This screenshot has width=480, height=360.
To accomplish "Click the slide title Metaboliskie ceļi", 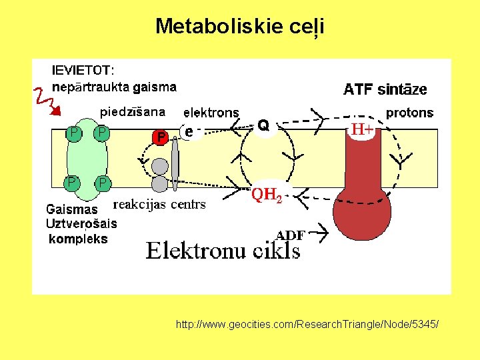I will click(239, 26).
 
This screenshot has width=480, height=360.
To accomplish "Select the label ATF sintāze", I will click(385, 89).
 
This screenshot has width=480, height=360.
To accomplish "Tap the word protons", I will click(409, 113).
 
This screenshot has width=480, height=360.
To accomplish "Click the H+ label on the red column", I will click(362, 130).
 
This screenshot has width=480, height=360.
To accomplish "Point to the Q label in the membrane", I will click(263, 125).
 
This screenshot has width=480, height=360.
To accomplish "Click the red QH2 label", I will click(267, 195).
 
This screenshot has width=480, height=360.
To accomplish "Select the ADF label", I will click(290, 235).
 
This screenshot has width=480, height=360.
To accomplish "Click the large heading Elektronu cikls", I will click(223, 250).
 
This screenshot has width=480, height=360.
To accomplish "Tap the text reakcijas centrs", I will click(160, 204).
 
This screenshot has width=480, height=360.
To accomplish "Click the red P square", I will click(161, 137).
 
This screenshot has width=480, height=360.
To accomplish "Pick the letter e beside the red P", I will click(189, 132).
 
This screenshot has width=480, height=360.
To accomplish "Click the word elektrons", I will click(211, 113).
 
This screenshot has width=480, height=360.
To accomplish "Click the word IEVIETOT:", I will click(83, 70).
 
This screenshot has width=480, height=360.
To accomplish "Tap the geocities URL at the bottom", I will click(307, 325).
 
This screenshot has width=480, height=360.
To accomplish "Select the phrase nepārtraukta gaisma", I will click(114, 87).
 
